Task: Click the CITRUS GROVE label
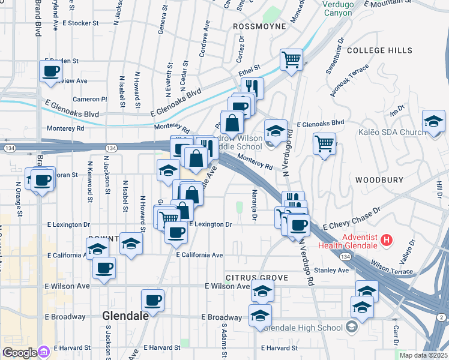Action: (258, 278)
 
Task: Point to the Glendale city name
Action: (125, 316)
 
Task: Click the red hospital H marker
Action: (387, 241)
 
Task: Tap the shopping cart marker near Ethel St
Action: (291, 59)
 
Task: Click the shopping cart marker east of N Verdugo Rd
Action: (324, 143)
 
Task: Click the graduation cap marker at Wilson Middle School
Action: (275, 130)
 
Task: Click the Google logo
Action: (19, 352)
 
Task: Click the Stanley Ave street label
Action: (336, 271)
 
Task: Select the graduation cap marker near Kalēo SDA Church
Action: (433, 121)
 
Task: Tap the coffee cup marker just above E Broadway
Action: (152, 299)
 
